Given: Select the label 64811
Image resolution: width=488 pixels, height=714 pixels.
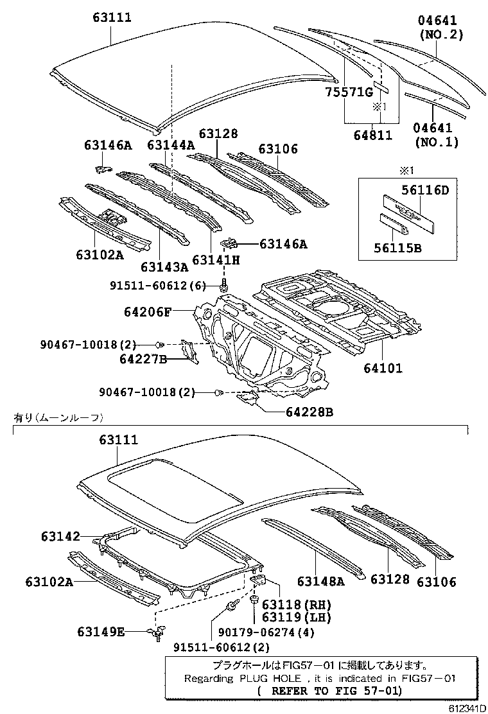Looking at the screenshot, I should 374,135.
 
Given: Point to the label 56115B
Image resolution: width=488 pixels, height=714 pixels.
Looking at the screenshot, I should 399,247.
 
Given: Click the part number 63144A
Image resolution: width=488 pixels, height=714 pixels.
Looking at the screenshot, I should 170,145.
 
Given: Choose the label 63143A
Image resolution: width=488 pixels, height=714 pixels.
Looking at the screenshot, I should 164,266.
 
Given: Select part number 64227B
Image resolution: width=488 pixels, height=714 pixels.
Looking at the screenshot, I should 143,358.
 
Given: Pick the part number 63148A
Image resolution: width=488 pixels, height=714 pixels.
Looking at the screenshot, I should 320,581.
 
